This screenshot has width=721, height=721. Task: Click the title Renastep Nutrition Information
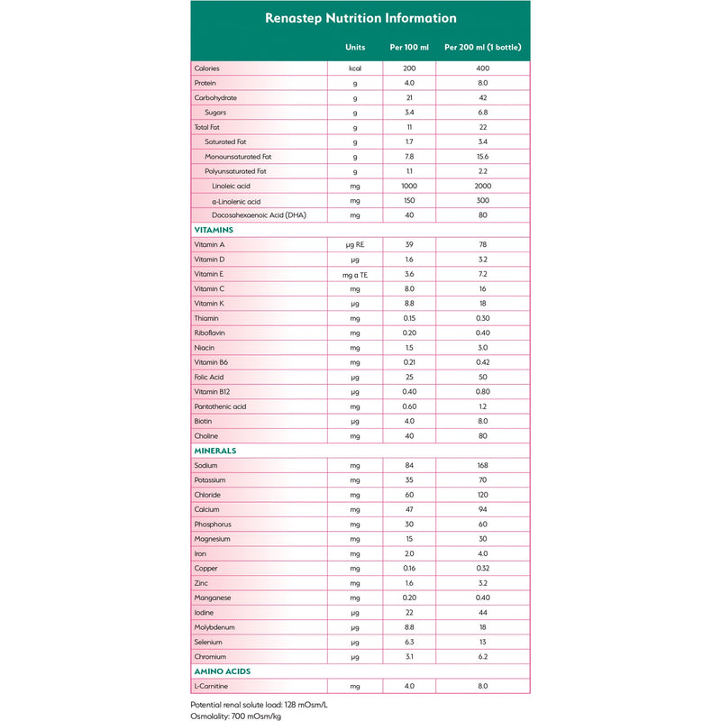click(360, 18)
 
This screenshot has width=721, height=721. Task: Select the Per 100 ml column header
click(409, 47)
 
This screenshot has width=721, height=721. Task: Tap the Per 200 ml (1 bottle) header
click(482, 47)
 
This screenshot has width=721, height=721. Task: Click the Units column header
click(355, 47)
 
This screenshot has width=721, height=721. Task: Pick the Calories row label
click(206, 68)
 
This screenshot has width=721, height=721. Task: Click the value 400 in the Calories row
click(482, 68)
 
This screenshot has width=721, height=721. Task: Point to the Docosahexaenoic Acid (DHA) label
click(260, 215)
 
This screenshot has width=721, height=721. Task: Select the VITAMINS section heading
click(214, 230)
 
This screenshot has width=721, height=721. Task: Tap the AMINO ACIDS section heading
click(223, 671)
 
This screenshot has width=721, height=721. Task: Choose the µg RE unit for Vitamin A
click(355, 244)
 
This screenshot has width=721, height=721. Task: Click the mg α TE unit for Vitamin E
click(355, 274)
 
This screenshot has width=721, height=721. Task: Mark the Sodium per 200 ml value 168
click(482, 465)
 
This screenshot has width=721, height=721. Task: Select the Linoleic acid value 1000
click(409, 186)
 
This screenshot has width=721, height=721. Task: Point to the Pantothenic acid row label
click(220, 406)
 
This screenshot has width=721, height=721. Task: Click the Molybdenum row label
click(214, 626)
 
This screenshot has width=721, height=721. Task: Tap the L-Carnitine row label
click(212, 685)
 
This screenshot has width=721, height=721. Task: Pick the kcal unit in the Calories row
click(355, 68)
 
